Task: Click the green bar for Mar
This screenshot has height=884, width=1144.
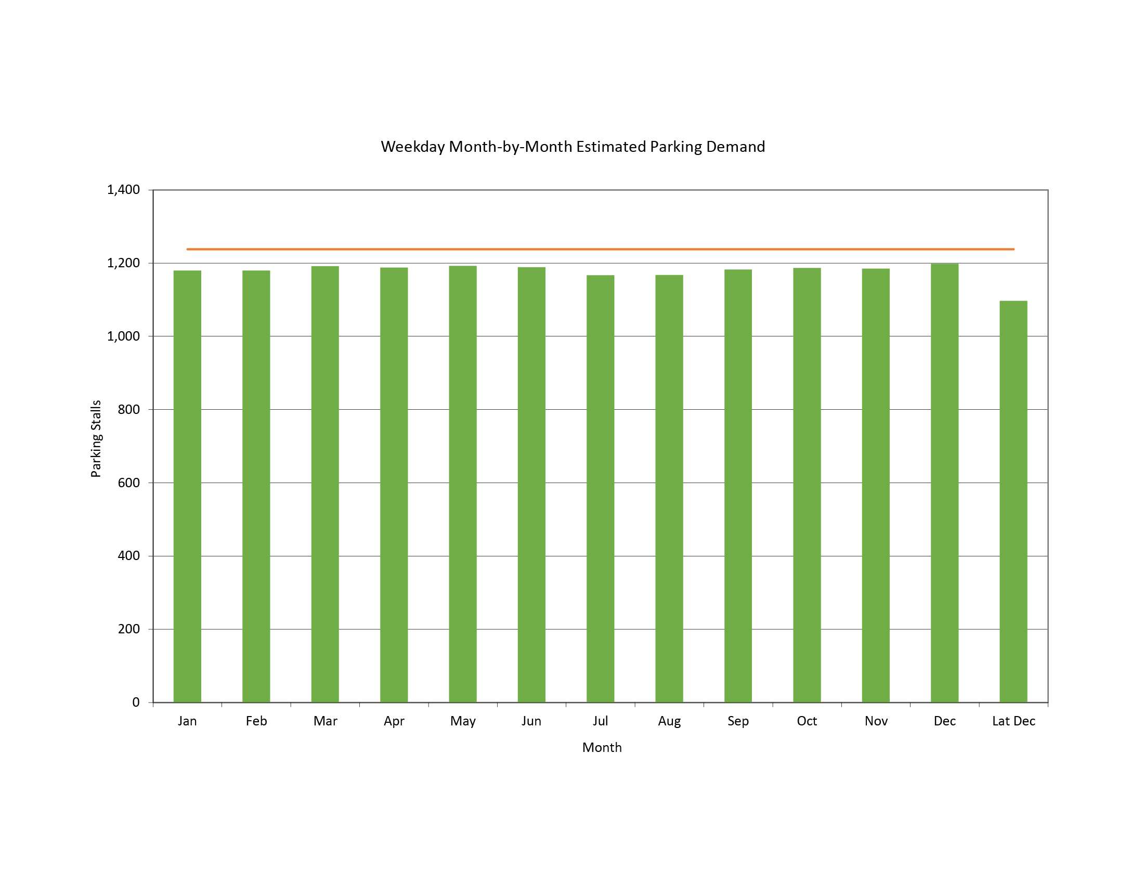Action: point(325,484)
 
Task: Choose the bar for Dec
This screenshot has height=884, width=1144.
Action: point(944,483)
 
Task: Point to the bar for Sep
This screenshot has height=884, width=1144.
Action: point(738,486)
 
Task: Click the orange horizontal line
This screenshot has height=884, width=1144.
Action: point(600,249)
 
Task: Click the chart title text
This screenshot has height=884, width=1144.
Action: point(573,147)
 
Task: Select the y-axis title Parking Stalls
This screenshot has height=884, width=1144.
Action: point(96,439)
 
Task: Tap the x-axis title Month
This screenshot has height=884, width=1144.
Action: point(602,748)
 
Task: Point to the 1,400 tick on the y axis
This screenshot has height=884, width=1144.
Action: point(124,190)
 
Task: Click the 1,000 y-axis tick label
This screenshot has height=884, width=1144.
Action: point(124,336)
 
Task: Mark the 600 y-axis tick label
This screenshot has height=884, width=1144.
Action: point(129,483)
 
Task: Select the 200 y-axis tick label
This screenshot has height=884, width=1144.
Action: point(129,629)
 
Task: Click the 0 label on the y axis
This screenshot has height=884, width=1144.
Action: point(136,703)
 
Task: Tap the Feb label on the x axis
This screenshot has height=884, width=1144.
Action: point(256,721)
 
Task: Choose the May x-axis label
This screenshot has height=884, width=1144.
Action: point(463,722)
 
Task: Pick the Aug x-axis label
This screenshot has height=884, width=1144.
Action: point(669,722)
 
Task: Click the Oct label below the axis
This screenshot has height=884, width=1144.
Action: point(807,721)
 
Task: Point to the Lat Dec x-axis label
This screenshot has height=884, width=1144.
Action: point(1013,721)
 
